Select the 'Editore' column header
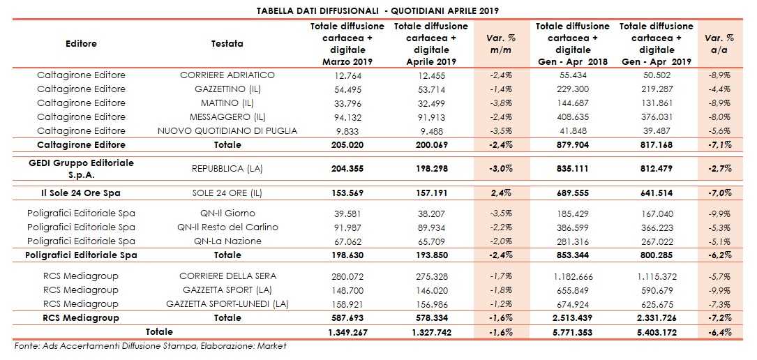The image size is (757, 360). (x=81, y=44)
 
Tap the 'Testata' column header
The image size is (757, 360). (x=227, y=44)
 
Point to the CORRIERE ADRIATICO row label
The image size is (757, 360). (x=227, y=75)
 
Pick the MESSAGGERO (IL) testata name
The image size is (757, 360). (x=227, y=117)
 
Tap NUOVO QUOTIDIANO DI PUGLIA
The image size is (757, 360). (x=227, y=131)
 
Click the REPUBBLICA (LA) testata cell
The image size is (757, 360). (x=227, y=168)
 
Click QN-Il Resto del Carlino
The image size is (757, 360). (x=227, y=227)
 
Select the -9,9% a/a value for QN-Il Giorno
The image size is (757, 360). (x=719, y=213)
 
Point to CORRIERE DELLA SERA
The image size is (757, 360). (x=227, y=276)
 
